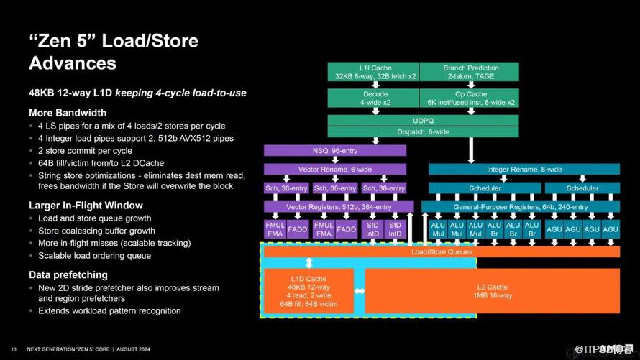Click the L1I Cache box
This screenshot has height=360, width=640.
coord(372,72)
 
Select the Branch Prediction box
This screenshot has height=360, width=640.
coord(470,72)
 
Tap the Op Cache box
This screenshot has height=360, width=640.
coord(470,98)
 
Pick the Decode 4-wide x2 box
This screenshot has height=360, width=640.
coord(372,98)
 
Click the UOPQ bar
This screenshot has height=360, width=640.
coord(423,119)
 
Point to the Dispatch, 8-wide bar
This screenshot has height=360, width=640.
coord(423,132)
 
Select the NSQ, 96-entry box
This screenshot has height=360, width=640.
coord(335,151)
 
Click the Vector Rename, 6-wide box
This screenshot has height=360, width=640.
coord(335,170)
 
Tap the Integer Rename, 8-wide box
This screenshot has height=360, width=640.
coord(524,170)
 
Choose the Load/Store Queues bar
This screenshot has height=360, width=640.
coord(442,251)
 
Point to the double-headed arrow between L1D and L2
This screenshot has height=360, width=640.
coord(359,291)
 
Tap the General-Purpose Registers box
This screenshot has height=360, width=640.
coord(520,207)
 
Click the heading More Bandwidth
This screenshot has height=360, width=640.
coord(68,113)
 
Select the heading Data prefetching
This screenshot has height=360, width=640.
coord(68,274)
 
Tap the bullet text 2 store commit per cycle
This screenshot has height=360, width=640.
coord(85,151)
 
